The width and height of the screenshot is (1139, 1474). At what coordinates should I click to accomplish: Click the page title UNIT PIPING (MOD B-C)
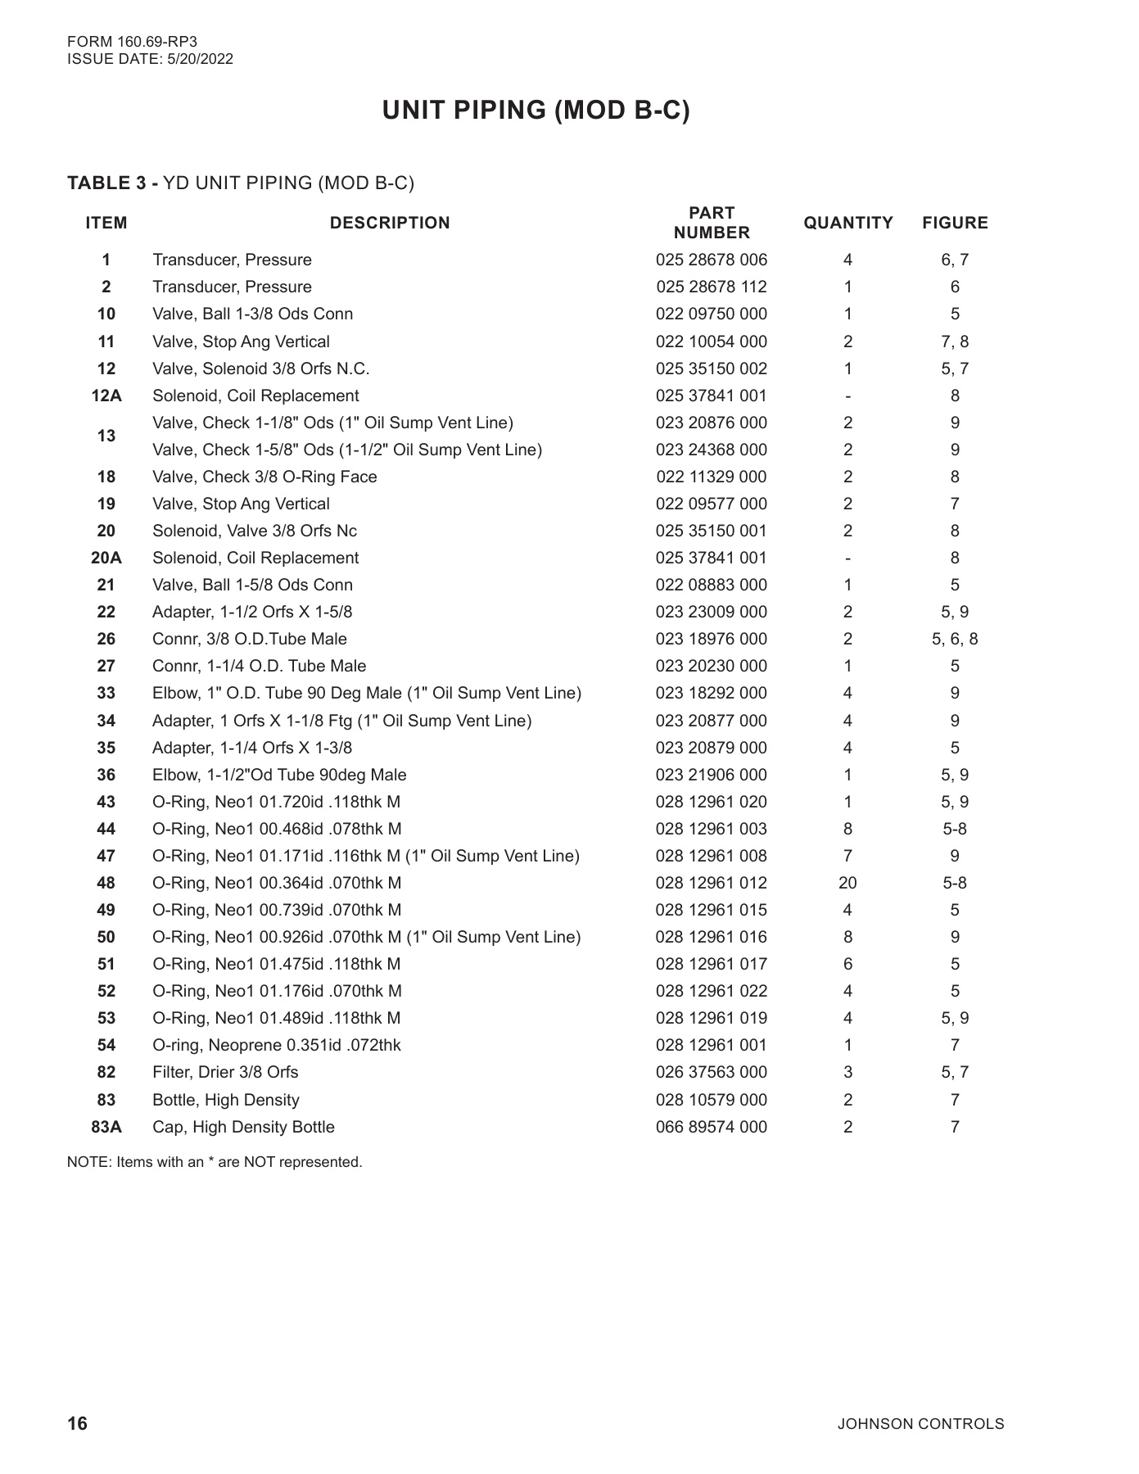536,111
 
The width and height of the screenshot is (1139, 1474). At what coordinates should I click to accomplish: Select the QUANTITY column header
847,223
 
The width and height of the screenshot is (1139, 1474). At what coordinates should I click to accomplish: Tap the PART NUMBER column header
711,223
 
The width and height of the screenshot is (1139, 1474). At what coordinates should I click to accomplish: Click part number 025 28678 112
711,287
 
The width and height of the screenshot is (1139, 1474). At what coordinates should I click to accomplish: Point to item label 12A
106,396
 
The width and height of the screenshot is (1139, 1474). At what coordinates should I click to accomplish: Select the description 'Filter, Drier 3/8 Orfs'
225,1072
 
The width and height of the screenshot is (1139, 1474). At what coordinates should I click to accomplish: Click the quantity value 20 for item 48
847,883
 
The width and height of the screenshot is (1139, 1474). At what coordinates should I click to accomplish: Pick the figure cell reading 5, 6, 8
954,639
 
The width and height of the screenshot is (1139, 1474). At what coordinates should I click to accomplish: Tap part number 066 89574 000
711,1127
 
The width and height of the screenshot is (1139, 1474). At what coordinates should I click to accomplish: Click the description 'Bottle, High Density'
226,1100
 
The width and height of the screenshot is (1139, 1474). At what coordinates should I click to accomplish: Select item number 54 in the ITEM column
106,1045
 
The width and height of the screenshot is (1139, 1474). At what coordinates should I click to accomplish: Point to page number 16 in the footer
77,1423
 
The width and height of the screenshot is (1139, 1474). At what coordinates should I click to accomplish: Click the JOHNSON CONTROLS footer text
920,1424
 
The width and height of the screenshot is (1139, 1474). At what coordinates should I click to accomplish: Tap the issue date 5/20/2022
199,59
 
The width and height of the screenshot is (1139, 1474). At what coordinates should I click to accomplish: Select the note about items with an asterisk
215,1162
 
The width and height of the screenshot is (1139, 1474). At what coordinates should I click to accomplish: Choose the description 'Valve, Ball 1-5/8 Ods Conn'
252,585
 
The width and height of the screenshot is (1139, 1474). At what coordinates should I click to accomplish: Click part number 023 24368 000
711,450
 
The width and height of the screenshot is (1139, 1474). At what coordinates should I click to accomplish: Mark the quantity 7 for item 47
847,856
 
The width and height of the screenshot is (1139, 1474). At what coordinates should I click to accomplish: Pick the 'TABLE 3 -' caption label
112,183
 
